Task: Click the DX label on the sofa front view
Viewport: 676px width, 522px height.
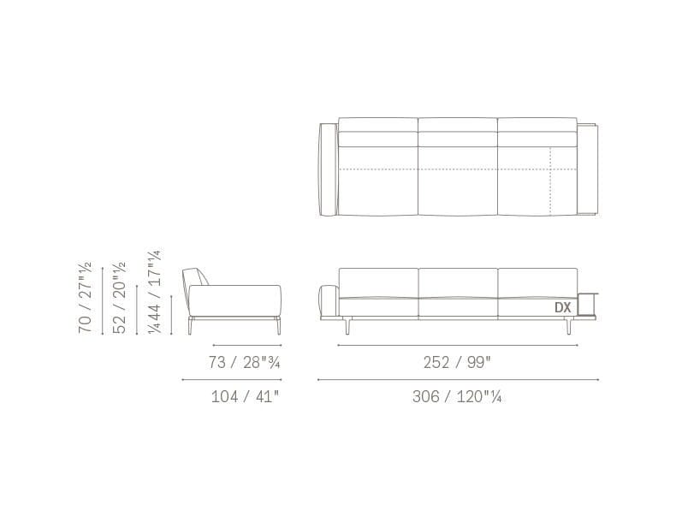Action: pos(562,307)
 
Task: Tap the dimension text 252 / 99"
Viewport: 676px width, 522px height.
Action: pos(457,363)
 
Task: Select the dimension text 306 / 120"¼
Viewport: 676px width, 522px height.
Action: pos(457,396)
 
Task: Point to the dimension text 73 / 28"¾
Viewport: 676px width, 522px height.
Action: pos(245,363)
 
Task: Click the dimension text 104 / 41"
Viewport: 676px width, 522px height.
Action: pos(246,396)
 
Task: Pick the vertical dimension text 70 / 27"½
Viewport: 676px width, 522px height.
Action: pos(85,298)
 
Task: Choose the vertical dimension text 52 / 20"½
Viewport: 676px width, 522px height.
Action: pos(119,298)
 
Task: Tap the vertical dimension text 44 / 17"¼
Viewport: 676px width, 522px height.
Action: pos(154,292)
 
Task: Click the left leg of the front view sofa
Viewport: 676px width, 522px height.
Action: pos(348,326)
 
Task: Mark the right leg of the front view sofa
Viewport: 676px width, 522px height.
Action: pos(569,326)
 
